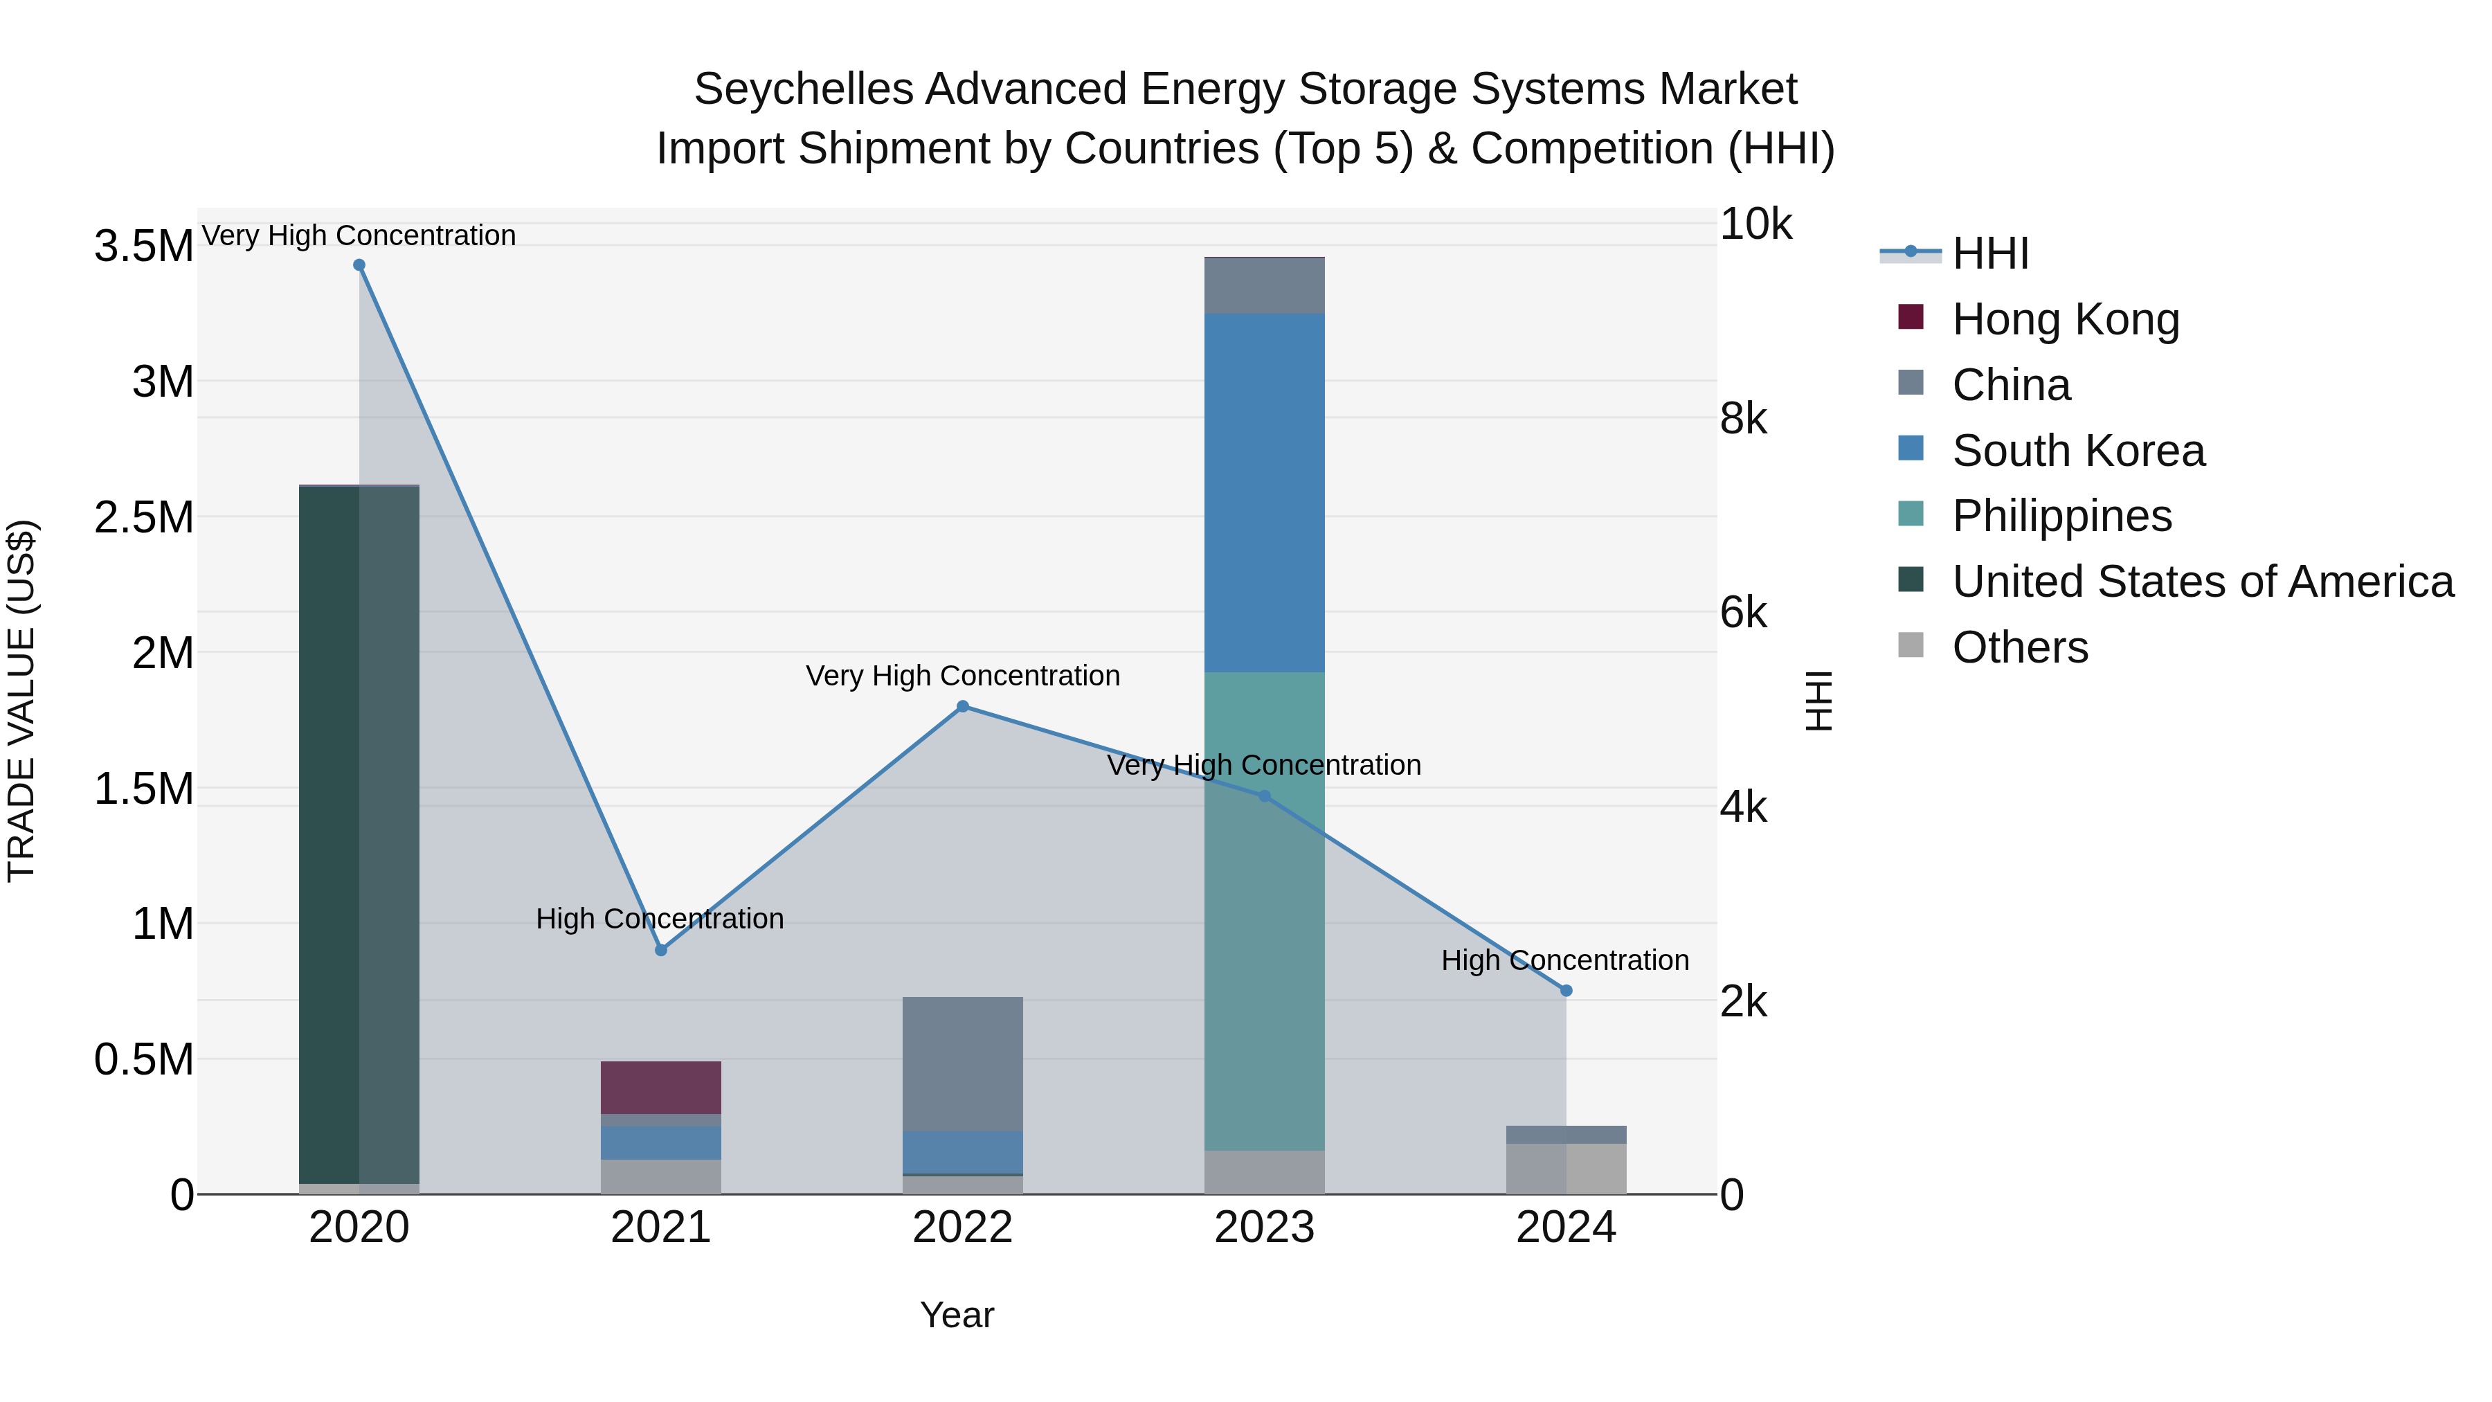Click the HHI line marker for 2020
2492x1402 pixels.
[x=359, y=265]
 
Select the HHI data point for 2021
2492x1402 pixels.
[x=661, y=950]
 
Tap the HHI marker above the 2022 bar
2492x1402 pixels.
[x=963, y=706]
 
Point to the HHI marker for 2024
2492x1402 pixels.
[x=1566, y=991]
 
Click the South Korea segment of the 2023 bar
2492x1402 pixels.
[x=1265, y=494]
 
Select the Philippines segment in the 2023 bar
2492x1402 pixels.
[x=1265, y=910]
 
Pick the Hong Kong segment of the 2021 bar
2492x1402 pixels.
[x=661, y=1088]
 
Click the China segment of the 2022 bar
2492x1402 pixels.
[x=963, y=1064]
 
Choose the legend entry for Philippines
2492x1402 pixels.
[x=2061, y=516]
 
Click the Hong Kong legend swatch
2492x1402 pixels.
[x=1911, y=317]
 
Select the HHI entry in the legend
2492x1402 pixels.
[x=1990, y=253]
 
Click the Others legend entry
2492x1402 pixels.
[x=2019, y=647]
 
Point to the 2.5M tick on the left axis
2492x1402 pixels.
[x=144, y=518]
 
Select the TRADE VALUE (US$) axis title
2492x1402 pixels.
[x=21, y=701]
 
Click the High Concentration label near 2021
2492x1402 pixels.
[x=660, y=919]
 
